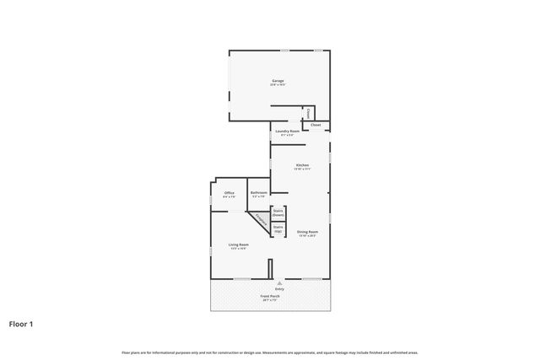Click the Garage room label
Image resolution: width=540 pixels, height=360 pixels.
pos(278,81)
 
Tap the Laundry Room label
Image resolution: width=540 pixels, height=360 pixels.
pos(288,132)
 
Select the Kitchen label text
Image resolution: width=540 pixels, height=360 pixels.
pos(302,164)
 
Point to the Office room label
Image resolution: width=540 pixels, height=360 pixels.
pos(229,193)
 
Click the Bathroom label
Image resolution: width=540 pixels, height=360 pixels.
pos(258,193)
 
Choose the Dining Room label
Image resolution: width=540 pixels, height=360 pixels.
pos(307,231)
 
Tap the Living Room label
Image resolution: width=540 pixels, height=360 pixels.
pos(238,244)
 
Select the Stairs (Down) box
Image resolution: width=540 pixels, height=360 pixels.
pos(278,213)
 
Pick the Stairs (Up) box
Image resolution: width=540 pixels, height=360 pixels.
pos(278,228)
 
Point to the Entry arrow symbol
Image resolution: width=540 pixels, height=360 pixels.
pos(268,283)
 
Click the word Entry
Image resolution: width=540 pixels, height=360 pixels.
pos(268,289)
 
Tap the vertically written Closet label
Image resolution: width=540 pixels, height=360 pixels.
pos(309,113)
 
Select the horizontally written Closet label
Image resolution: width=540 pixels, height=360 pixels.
pos(316,126)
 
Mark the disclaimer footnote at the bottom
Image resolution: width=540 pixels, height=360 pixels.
pos(269,352)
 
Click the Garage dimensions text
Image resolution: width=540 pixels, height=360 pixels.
pos(278,85)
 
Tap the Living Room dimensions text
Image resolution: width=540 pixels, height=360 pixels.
pos(238,249)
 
